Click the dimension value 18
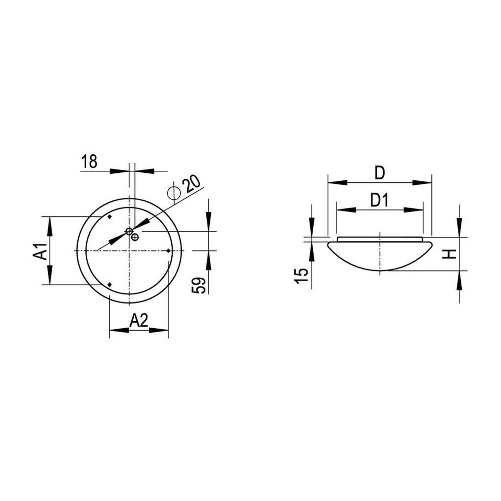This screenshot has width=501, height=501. (89, 162)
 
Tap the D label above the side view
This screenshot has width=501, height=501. (380, 173)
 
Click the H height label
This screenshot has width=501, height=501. (450, 254)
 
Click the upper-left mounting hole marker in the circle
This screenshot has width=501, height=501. (110, 217)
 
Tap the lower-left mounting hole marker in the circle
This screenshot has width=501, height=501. (110, 285)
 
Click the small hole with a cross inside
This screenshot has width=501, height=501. (134, 237)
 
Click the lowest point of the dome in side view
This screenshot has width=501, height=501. (381, 271)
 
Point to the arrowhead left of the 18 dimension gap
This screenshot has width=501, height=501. (119, 171)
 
